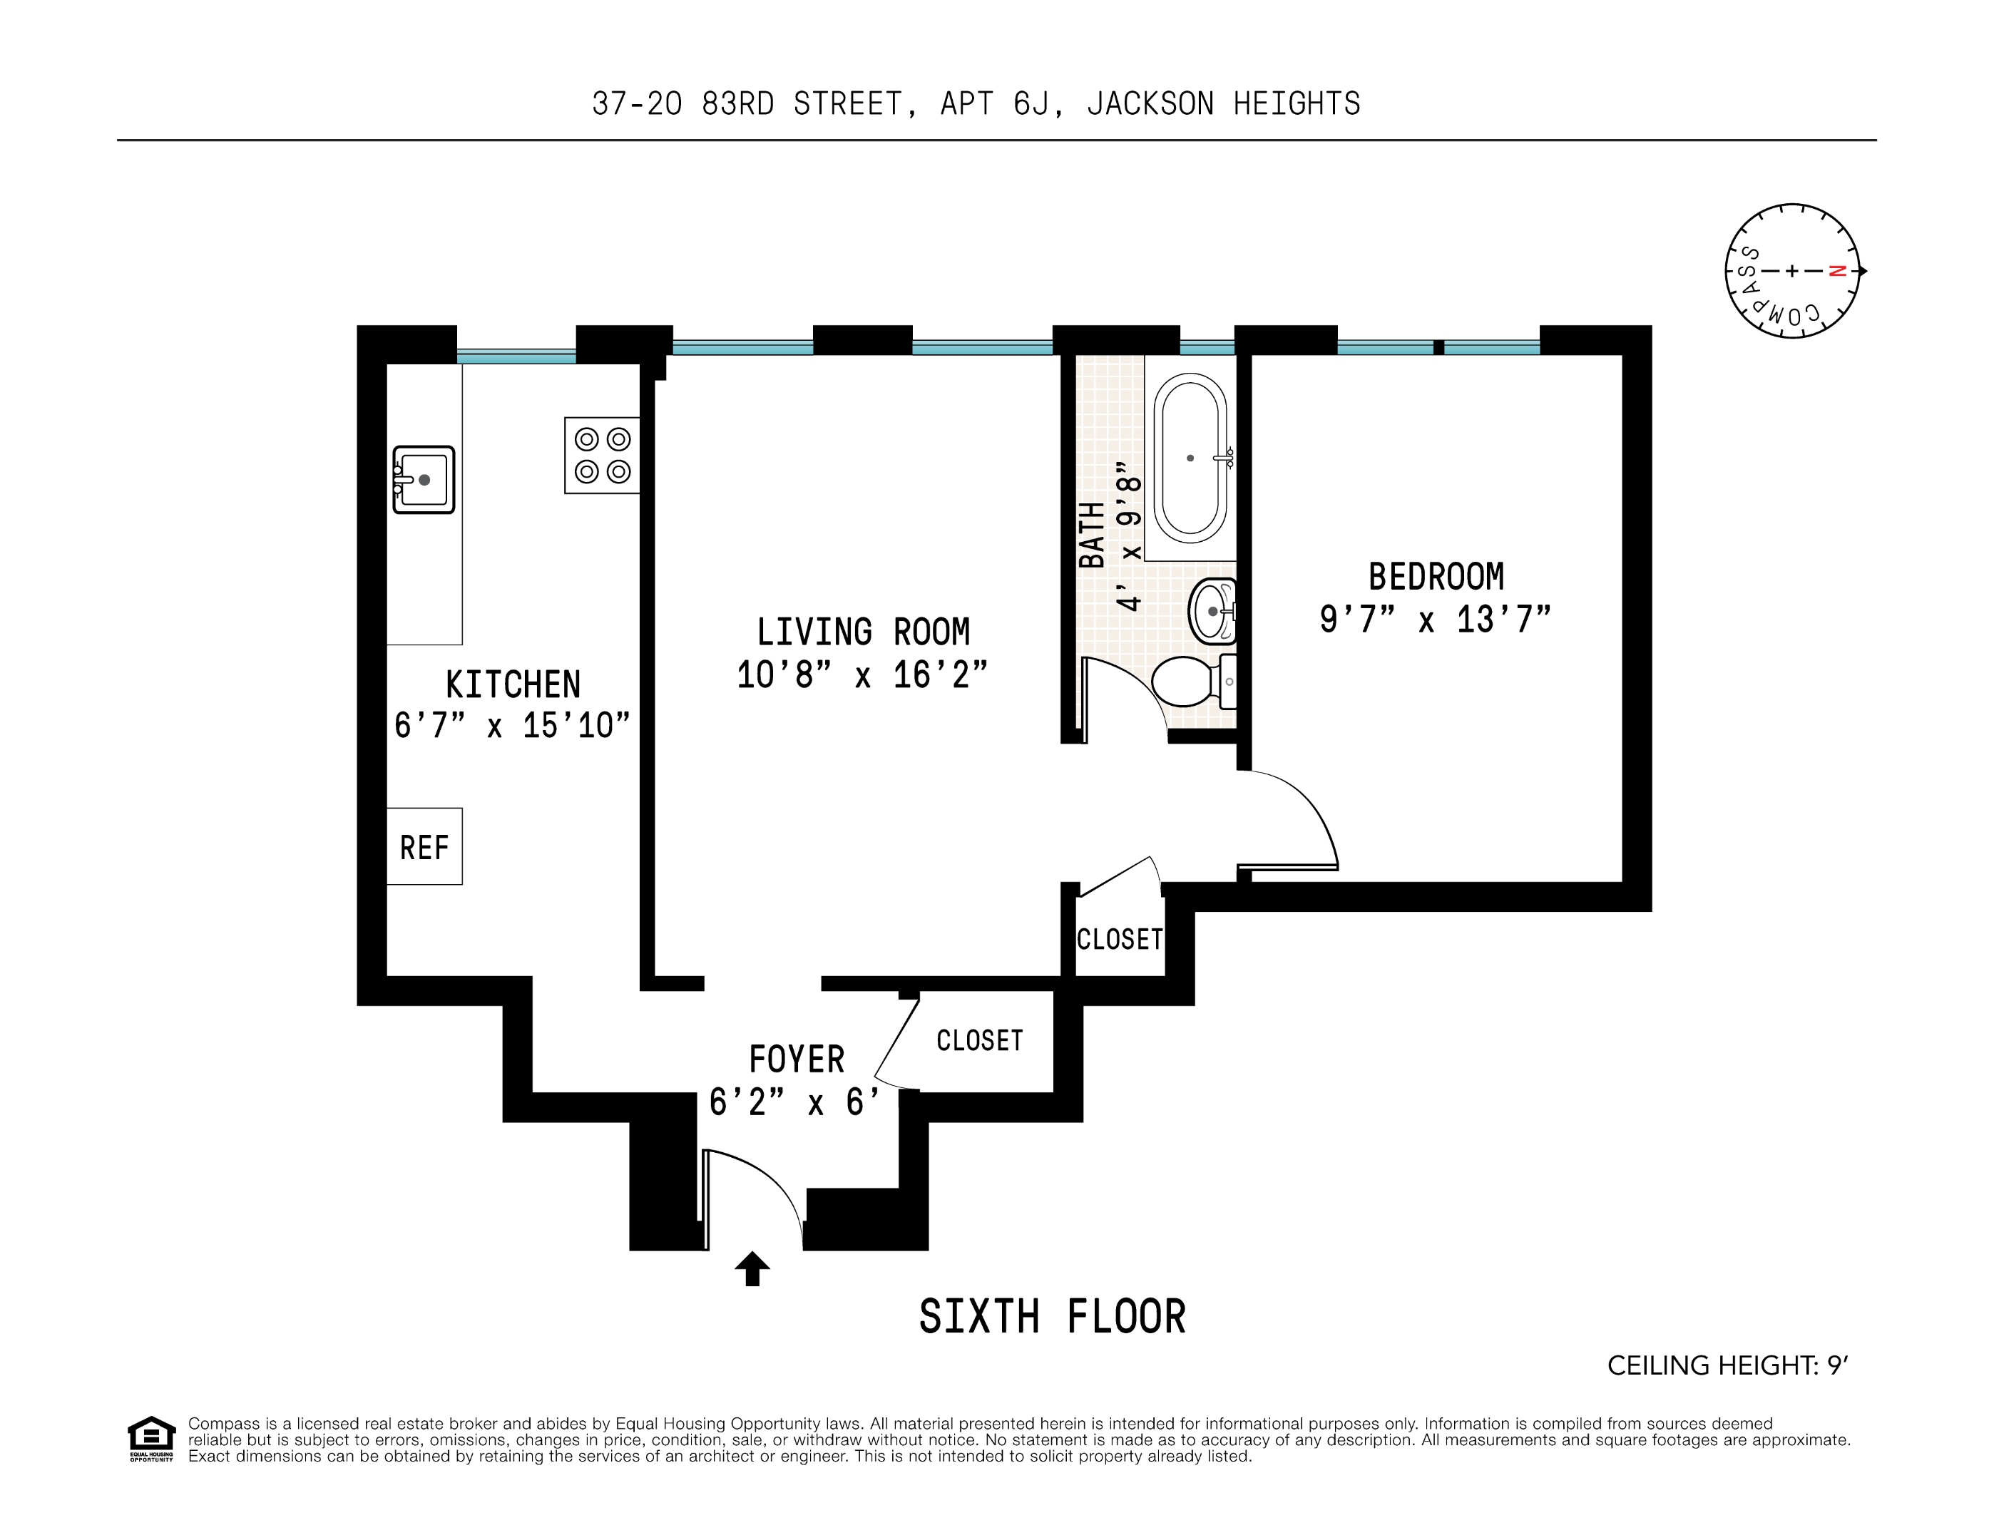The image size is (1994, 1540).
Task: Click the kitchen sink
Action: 424,479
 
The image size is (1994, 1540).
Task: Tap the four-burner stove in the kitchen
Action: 602,456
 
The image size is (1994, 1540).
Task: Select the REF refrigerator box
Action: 424,846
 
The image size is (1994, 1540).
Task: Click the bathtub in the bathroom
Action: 1190,458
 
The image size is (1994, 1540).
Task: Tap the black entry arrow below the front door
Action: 752,1268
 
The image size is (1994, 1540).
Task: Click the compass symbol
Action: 1792,271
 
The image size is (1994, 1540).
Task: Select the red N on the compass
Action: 1838,271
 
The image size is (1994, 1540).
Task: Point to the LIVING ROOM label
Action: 863,632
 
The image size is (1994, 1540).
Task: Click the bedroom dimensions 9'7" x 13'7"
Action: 1436,620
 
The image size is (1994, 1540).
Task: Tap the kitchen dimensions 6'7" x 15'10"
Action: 512,726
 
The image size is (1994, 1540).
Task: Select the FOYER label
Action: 797,1059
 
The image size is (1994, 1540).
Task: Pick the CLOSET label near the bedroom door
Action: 1120,940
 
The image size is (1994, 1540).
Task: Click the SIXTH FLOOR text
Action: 1052,1318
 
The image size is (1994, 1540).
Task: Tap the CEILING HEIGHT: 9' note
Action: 1727,1365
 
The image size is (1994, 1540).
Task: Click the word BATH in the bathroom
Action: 1092,535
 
